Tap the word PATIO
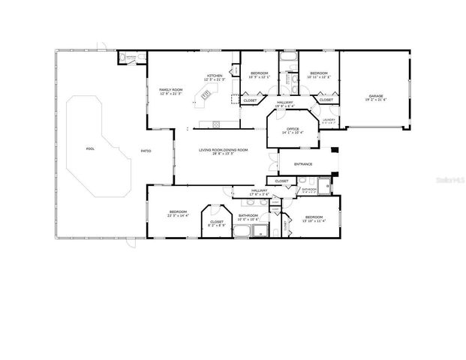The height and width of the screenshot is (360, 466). click(x=146, y=151)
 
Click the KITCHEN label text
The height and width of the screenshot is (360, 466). click(x=215, y=76)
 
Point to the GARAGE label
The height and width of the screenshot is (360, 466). click(x=374, y=96)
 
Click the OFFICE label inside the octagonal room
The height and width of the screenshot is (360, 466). click(x=293, y=129)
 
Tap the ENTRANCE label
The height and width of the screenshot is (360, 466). click(x=303, y=164)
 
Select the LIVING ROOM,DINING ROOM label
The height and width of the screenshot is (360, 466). click(x=223, y=150)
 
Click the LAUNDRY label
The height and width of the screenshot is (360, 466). click(x=329, y=119)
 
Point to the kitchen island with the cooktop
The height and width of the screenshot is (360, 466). click(x=205, y=92)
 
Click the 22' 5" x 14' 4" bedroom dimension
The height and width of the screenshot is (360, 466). click(x=178, y=216)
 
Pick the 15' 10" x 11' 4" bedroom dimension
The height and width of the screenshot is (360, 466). click(x=314, y=221)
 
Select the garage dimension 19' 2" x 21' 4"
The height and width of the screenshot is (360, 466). click(x=374, y=100)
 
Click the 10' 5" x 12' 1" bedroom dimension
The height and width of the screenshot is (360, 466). click(x=259, y=76)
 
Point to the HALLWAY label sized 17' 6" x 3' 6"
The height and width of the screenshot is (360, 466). click(x=260, y=191)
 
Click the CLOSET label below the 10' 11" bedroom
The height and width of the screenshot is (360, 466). click(x=326, y=100)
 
